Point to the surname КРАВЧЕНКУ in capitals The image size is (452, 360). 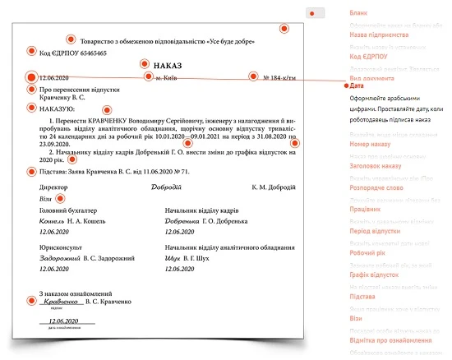[x=110, y=120]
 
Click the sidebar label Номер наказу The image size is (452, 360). [x=370, y=144]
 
